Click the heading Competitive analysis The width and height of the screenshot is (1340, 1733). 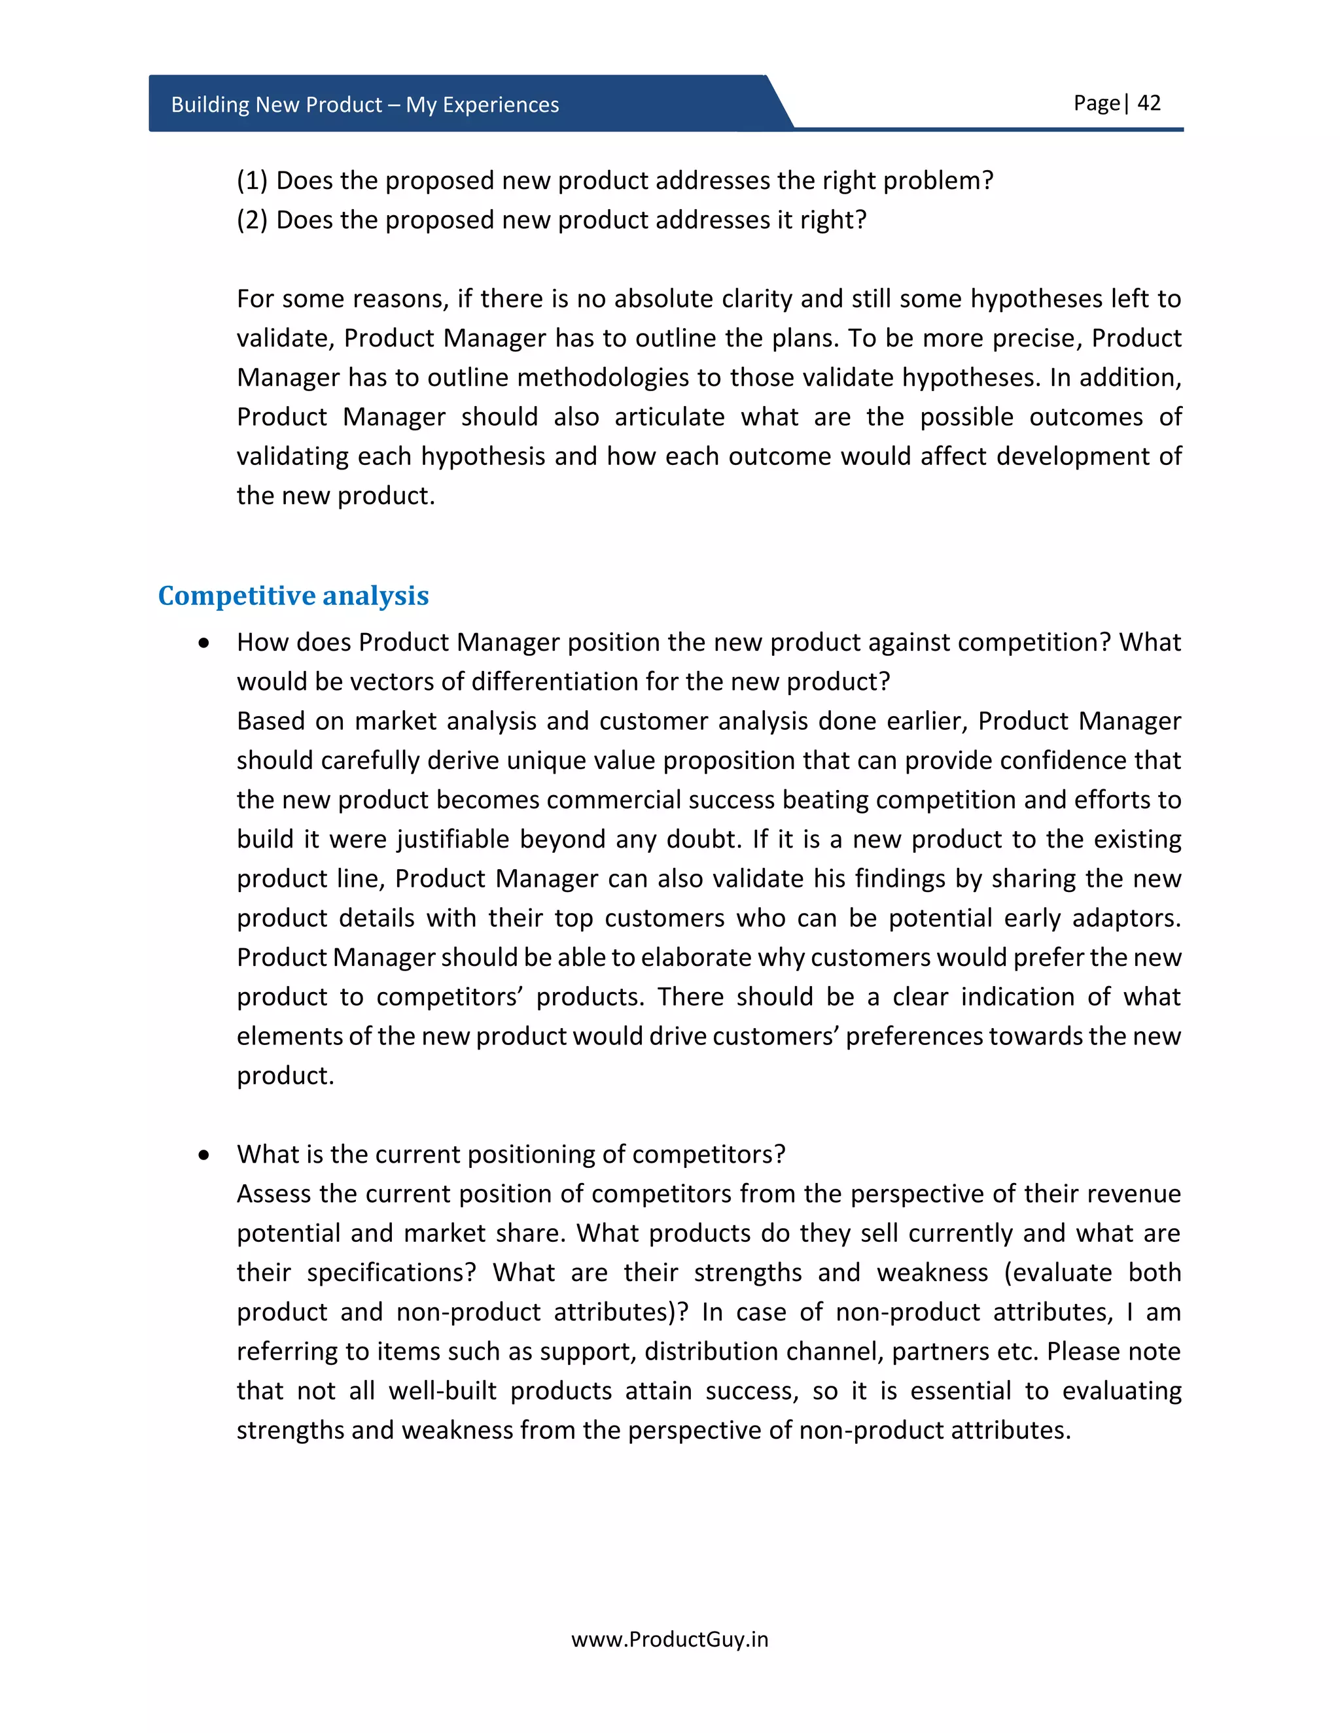coord(293,596)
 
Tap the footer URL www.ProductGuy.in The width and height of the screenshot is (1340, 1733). coord(669,1639)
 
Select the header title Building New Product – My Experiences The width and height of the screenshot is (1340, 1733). coord(364,105)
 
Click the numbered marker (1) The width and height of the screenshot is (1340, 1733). coord(252,181)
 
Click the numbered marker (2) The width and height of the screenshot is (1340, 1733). coord(252,220)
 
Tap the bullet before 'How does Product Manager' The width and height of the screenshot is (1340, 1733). coord(205,643)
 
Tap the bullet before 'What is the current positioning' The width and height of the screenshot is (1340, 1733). coord(205,1154)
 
